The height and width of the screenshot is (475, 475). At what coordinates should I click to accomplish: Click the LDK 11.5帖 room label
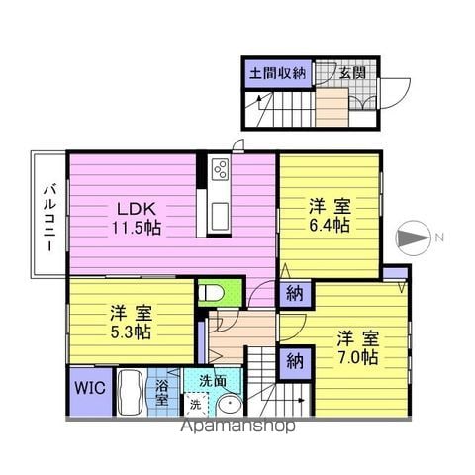point(137,218)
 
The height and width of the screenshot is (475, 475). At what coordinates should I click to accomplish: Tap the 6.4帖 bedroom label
point(330,216)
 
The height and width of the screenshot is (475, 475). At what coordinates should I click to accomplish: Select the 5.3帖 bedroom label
point(131,323)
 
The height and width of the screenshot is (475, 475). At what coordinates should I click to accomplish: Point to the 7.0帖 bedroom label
point(358,347)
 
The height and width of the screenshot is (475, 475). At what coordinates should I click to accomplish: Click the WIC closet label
point(90,388)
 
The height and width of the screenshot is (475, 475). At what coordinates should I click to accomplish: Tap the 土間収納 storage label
point(278,73)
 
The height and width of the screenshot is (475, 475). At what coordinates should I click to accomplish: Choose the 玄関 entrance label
point(352,73)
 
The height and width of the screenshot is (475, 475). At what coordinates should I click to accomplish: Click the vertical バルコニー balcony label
point(49,220)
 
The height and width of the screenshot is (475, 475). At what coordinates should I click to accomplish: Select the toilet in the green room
point(211,293)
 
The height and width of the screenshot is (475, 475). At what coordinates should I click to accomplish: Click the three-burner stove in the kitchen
point(220,169)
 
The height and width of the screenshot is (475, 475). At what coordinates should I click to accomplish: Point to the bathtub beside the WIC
point(132,392)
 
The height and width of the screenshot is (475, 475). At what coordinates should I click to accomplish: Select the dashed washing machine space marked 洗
point(196,405)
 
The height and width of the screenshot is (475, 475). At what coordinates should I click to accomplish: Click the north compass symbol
point(414,237)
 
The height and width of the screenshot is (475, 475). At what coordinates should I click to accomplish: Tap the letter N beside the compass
point(438,237)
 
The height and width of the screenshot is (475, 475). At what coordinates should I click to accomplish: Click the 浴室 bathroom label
point(162,392)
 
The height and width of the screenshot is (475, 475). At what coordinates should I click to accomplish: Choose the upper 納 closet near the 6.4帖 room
point(294,294)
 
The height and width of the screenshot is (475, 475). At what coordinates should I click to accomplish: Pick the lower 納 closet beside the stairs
point(295,362)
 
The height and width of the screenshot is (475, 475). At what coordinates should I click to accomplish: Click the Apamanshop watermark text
point(237,426)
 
